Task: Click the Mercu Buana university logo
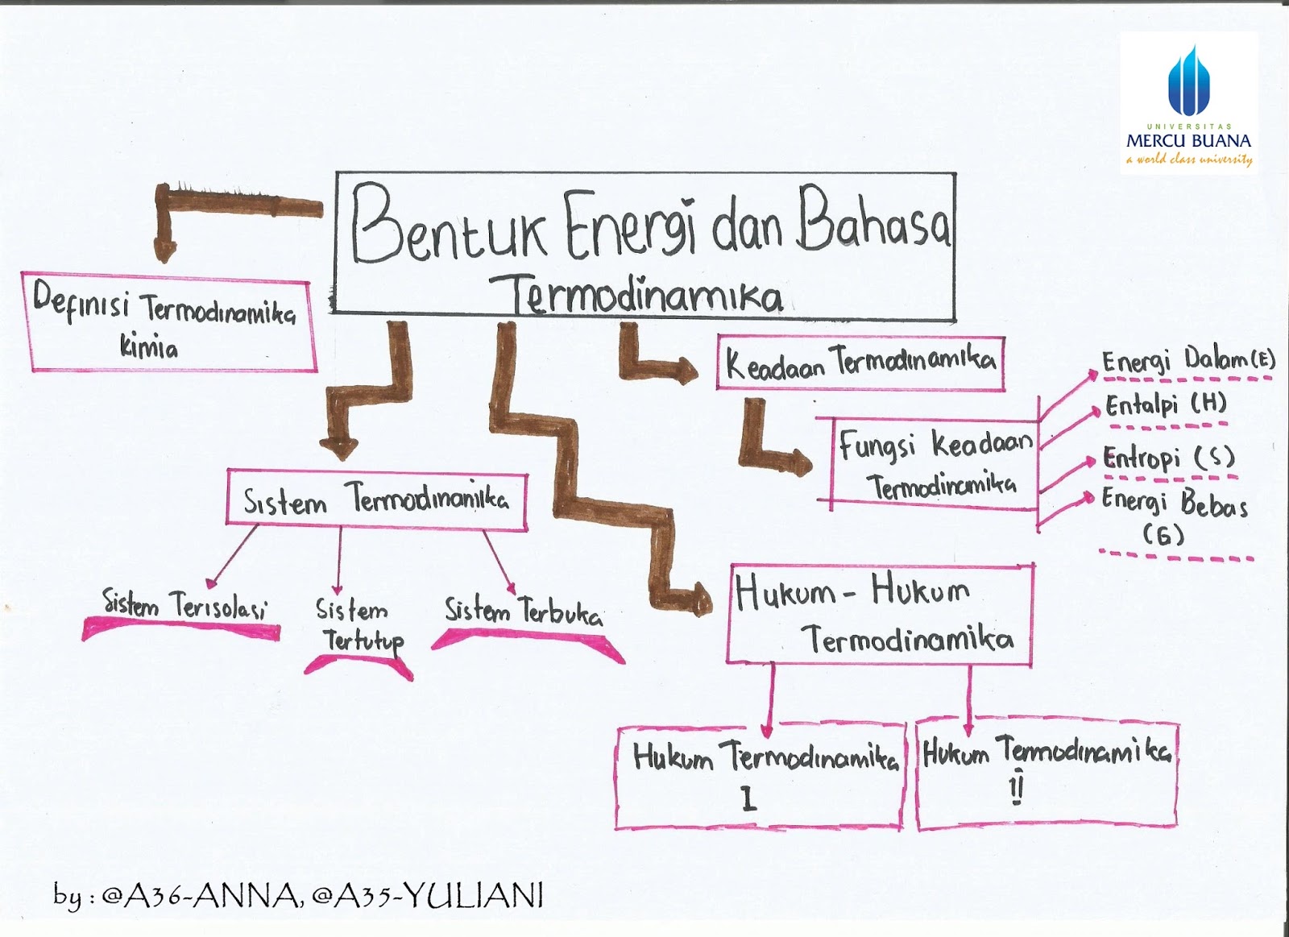pos(1188,103)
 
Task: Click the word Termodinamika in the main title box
pos(647,294)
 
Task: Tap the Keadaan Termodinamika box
pos(860,363)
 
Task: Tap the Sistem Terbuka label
pos(524,612)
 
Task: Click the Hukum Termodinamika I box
pos(760,777)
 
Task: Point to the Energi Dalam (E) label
pos(1187,359)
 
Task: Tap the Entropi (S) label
pos(1168,458)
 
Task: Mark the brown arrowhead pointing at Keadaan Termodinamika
pos(686,371)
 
